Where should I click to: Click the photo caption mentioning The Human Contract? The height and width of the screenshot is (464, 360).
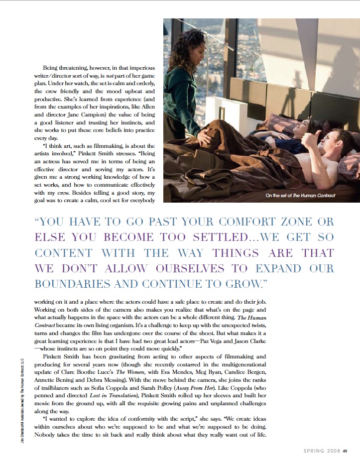(x=301, y=196)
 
